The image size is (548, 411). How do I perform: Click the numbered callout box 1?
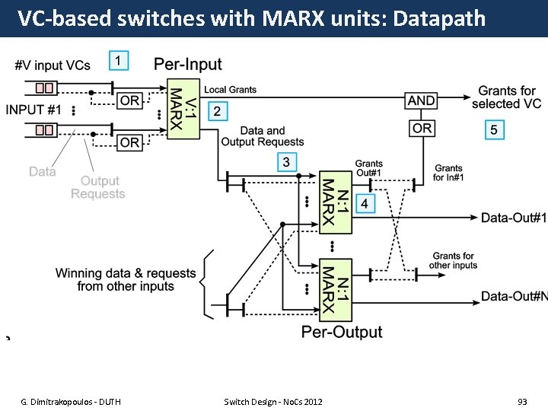tap(119, 60)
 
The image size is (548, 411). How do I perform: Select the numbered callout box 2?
tap(217, 112)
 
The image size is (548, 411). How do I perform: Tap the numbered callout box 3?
tap(286, 161)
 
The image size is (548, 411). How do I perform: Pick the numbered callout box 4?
tap(365, 204)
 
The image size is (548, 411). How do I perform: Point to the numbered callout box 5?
tap(494, 130)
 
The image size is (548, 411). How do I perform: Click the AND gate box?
tap(421, 100)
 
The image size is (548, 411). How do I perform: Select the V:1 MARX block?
tap(183, 109)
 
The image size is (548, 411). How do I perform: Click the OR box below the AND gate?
tap(422, 129)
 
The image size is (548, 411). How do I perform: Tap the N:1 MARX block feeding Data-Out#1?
tap(335, 202)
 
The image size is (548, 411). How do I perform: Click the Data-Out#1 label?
tap(513, 218)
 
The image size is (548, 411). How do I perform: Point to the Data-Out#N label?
tap(513, 296)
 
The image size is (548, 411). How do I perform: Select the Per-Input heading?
tap(188, 65)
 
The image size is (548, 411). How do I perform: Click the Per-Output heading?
tap(342, 332)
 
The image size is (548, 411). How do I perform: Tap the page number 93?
tap(522, 401)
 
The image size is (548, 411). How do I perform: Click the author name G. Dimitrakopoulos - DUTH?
tap(70, 401)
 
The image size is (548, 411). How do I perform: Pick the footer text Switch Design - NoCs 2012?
tap(273, 401)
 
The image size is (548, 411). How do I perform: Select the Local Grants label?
tap(230, 90)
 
